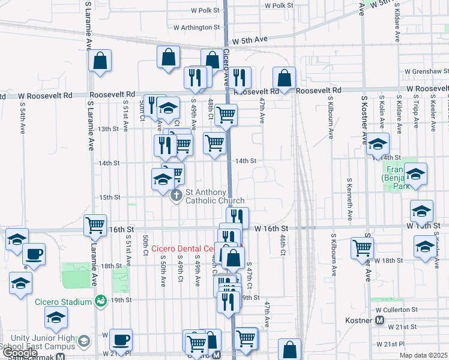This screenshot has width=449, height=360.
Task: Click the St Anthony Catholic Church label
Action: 214,196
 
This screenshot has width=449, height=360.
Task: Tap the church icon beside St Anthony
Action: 176,196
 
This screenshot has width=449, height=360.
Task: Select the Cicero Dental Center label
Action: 183,248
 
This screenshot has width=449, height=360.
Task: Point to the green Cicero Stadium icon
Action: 101,300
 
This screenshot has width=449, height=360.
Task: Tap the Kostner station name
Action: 359,320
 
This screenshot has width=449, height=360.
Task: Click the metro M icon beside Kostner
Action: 379,320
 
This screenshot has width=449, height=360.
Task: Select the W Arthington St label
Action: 197,27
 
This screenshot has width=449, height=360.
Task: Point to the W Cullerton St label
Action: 396,310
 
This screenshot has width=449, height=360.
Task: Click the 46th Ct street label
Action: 282,243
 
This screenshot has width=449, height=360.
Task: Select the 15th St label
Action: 110,197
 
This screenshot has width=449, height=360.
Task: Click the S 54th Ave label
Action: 22,121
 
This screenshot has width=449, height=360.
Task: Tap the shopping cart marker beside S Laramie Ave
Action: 95,225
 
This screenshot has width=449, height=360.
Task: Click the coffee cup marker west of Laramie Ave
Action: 34,254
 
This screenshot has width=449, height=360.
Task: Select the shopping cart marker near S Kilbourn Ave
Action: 363,247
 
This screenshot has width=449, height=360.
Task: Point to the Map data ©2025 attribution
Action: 424,355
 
